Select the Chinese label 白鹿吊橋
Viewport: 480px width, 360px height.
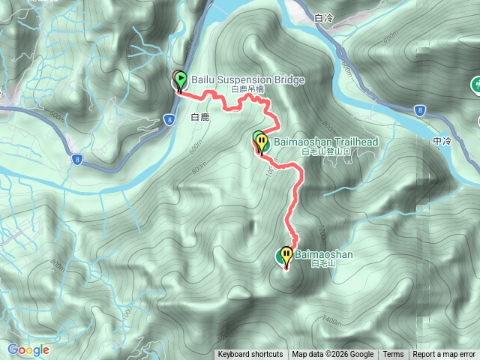point(248,89)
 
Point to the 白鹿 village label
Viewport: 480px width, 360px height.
point(199,117)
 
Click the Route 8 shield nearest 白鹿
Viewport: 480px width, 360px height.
point(169,118)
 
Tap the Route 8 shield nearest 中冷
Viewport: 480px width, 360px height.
point(419,110)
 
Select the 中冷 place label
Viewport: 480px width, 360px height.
point(442,140)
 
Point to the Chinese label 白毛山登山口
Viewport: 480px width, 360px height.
point(325,151)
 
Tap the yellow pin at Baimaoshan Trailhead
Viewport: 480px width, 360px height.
point(261,142)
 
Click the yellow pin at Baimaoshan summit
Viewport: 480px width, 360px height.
point(286,256)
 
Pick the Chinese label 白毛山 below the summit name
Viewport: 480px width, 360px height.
point(320,264)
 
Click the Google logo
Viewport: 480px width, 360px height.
point(28,349)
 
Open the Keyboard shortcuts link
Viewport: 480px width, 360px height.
point(250,355)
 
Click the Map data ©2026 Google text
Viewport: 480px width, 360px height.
point(333,355)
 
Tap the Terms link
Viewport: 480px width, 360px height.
point(393,355)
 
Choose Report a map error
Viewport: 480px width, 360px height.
point(445,355)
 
